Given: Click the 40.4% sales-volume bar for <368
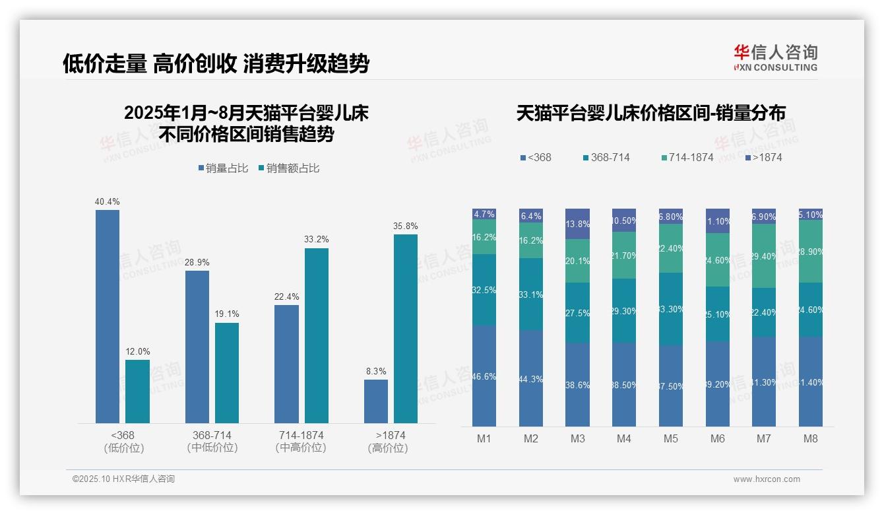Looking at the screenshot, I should coord(108,316).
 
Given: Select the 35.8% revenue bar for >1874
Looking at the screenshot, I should coord(406,328).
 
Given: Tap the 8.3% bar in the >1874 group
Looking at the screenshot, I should coord(376,401).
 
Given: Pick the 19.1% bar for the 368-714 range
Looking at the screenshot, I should coord(227,372).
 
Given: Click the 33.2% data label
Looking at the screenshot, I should coord(317,239).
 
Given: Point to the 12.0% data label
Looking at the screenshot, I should coord(138,351).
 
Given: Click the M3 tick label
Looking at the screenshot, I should coord(577,438).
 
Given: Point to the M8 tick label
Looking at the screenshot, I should coord(811,438).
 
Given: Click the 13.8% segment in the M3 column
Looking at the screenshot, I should coord(577,224).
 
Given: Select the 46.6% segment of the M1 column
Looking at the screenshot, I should coord(484,376).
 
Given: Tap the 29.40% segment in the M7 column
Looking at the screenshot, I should coord(764,256).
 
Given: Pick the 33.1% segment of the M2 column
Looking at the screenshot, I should coord(531,294).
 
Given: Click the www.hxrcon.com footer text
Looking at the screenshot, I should coord(767,479).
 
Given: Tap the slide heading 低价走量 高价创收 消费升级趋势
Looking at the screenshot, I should coord(216,64).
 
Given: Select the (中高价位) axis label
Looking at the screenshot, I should coord(301,448).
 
